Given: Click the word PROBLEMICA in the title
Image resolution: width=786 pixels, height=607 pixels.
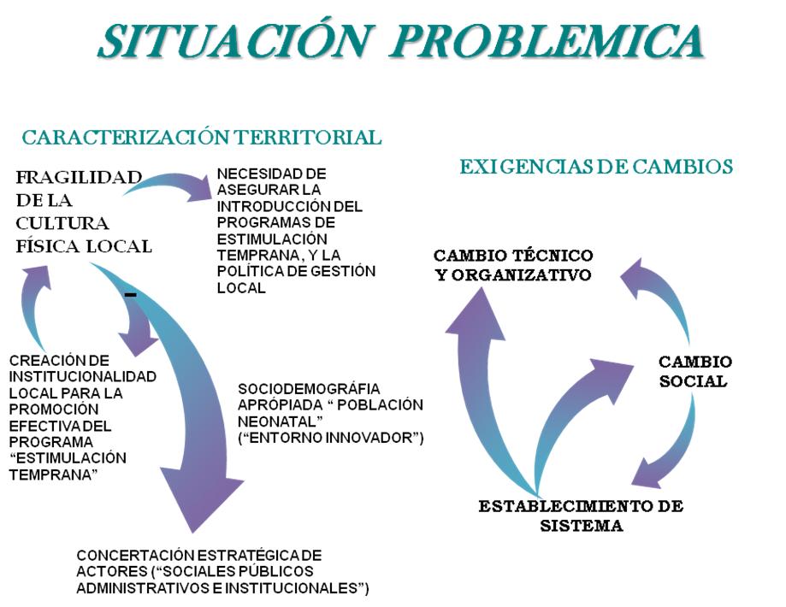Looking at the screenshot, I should (x=547, y=40).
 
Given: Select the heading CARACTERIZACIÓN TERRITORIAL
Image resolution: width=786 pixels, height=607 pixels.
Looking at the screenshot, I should (x=201, y=137).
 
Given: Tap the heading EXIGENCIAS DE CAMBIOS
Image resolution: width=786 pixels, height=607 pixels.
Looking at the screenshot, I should (x=596, y=167).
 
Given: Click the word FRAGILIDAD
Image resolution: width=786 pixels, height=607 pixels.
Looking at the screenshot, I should (x=79, y=178).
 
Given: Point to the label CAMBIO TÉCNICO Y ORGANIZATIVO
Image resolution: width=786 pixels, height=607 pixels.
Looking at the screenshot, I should (x=513, y=265).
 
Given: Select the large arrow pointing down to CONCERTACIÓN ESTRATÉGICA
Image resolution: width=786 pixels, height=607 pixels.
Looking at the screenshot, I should (x=184, y=402).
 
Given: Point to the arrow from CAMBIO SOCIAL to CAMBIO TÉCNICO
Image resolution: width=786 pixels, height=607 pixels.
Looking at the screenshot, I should (x=663, y=291).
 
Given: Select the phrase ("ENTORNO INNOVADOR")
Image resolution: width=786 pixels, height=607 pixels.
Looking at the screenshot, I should (x=331, y=439).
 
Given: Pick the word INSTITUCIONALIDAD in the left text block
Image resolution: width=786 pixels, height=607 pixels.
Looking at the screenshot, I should (x=82, y=376).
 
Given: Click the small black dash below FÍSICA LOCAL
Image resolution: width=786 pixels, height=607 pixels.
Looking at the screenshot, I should (x=131, y=295).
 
